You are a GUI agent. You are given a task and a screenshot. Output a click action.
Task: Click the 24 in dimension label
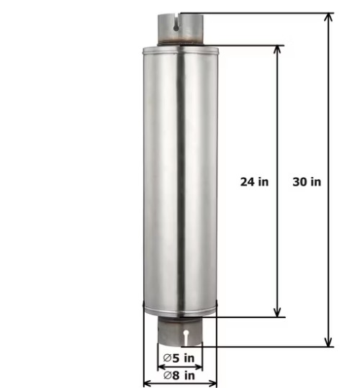[x=254, y=181]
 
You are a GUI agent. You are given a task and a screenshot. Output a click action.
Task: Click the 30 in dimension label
[x=307, y=181]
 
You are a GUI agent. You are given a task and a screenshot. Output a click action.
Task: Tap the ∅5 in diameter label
[x=179, y=358]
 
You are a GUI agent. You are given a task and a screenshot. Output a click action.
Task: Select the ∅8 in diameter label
[x=179, y=375]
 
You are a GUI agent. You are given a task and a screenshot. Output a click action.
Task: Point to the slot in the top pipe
[x=176, y=23]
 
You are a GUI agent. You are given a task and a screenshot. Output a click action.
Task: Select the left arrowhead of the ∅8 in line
[x=148, y=383]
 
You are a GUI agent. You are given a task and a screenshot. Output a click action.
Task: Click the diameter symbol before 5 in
[x=166, y=358]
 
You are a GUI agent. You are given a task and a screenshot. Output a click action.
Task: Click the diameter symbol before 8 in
[x=167, y=375]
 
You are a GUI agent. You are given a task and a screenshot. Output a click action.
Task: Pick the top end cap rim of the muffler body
[x=180, y=51]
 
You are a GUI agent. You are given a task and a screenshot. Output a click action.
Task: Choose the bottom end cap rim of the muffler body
[x=180, y=312]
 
